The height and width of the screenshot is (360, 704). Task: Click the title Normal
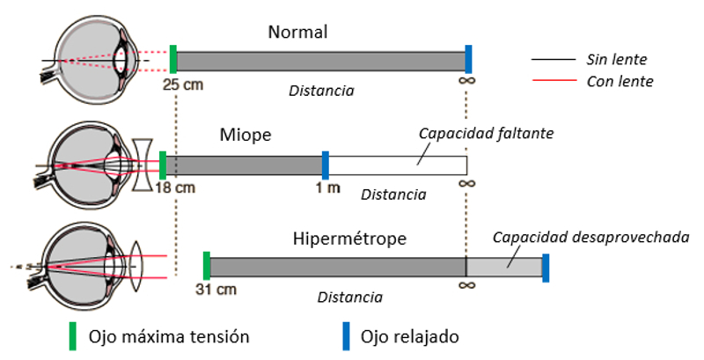[297, 33]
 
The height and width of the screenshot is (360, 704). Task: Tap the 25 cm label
[183, 85]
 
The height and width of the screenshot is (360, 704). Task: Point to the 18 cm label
[174, 187]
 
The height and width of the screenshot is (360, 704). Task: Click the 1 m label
[328, 187]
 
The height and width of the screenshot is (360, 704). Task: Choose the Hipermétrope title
[349, 239]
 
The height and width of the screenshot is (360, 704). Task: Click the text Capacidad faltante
[485, 133]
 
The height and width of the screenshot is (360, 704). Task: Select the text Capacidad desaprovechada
[590, 237]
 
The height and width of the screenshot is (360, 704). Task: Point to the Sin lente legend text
[616, 60]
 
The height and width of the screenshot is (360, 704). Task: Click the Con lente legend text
[619, 82]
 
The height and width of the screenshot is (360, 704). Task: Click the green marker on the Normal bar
[173, 59]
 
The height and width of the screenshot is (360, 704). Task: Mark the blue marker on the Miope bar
[326, 165]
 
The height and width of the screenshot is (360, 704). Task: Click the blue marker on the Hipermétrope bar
[546, 268]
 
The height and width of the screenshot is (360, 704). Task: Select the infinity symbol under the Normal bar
[468, 85]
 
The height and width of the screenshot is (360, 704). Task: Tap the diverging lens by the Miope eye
[142, 165]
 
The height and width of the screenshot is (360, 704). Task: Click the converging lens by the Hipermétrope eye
[135, 266]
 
